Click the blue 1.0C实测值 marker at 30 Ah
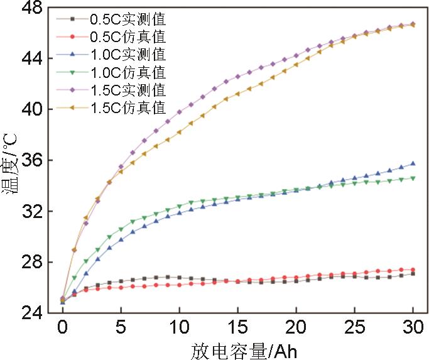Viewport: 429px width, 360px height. click(x=413, y=163)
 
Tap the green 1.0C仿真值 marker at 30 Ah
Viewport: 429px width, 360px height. click(x=413, y=178)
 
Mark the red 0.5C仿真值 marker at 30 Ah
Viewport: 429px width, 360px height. click(x=413, y=270)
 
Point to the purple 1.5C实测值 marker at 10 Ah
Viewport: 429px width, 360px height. click(x=179, y=112)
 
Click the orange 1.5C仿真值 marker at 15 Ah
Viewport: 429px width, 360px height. click(x=237, y=94)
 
